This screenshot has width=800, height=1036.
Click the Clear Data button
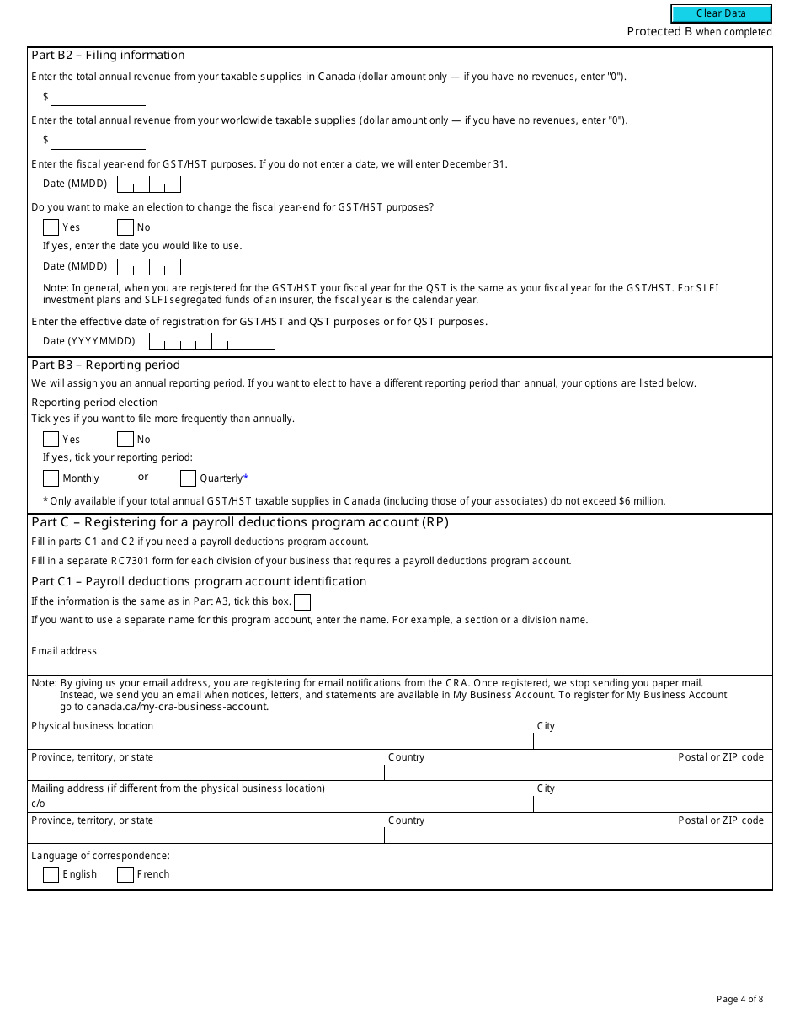(x=721, y=13)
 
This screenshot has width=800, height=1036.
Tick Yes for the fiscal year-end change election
(x=51, y=227)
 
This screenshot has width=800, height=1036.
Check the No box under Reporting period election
(x=125, y=439)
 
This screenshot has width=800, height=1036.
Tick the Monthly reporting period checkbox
(x=51, y=478)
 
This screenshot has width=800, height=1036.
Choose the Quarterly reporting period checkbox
(x=189, y=478)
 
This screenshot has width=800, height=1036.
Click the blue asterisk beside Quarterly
(x=246, y=478)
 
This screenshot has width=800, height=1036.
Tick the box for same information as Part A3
(x=302, y=601)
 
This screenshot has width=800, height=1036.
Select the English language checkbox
(x=51, y=874)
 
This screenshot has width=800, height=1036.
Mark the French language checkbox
(x=125, y=874)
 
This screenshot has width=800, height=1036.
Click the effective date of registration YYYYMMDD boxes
(x=211, y=341)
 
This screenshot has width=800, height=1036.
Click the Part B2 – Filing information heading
(x=108, y=56)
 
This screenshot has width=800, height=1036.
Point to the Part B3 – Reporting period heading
(x=105, y=366)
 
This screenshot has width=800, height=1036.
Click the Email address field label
(x=64, y=651)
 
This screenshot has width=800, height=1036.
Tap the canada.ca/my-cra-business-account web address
(x=177, y=707)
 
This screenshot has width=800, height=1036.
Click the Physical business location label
(x=92, y=726)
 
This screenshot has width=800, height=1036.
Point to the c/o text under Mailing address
(x=38, y=804)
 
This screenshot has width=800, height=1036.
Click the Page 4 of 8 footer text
(x=739, y=1000)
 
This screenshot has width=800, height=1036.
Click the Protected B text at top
(x=659, y=32)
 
